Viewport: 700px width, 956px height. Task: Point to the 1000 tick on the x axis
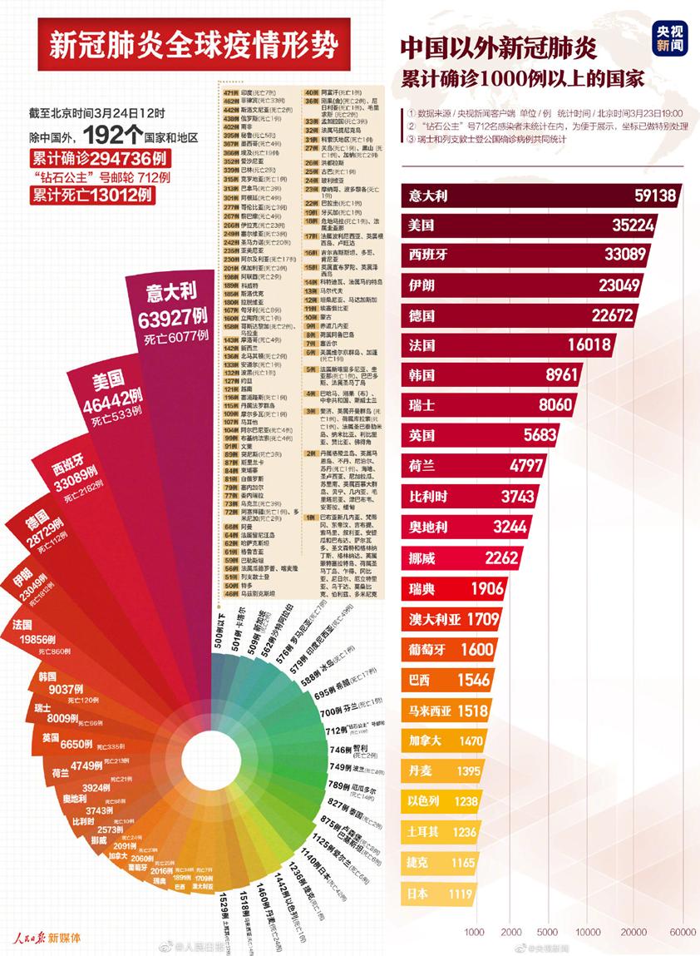[x=476, y=931]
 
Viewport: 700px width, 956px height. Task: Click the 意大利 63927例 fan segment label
[x=171, y=305]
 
